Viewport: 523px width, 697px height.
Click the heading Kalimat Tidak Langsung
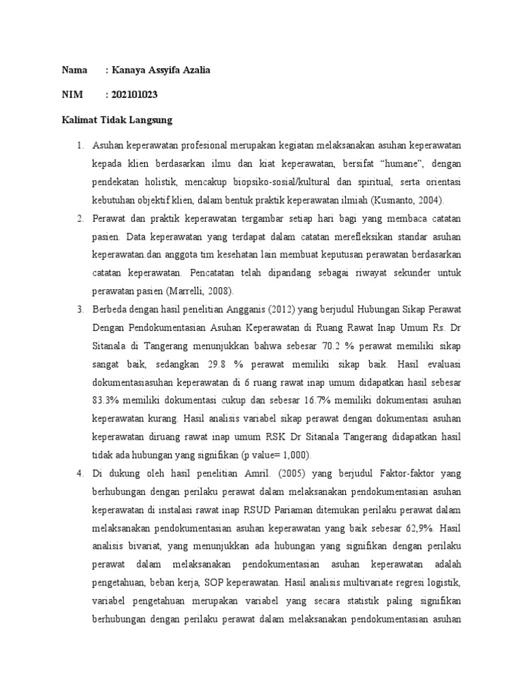116,120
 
